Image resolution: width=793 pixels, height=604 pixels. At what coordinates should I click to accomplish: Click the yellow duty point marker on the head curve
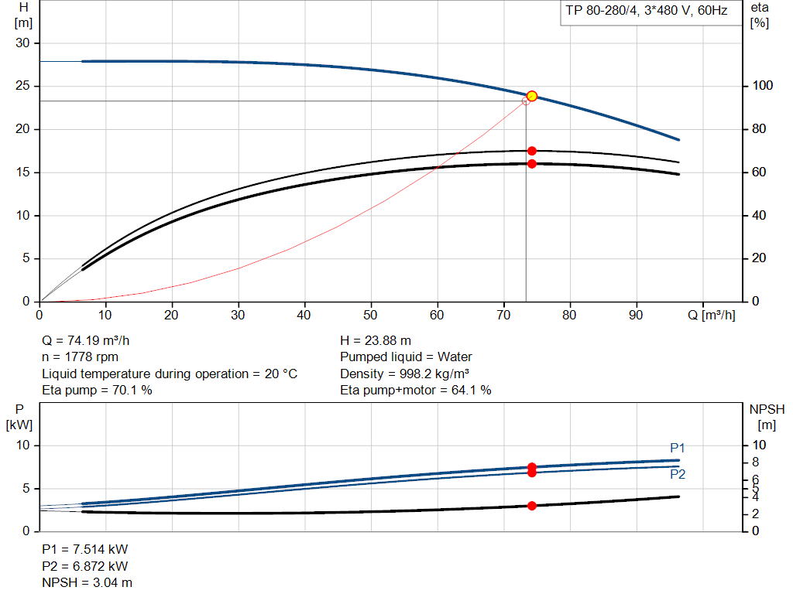click(x=532, y=96)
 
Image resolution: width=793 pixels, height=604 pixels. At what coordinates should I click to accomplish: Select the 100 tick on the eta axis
click(x=759, y=86)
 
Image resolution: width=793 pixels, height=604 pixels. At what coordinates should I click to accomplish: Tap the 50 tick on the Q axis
click(x=371, y=315)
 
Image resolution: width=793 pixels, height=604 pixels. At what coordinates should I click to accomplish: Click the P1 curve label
click(x=678, y=448)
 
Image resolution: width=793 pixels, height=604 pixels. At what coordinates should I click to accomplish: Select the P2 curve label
click(x=678, y=474)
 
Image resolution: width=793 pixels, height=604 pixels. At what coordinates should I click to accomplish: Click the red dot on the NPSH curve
click(x=532, y=506)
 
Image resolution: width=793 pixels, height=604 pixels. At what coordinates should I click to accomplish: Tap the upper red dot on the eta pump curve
click(x=532, y=151)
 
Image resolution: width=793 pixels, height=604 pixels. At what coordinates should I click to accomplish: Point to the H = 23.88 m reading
click(x=376, y=340)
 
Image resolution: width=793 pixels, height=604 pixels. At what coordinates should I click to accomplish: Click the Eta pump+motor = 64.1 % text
click(x=416, y=391)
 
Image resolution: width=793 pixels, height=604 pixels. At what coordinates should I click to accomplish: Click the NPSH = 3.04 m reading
click(x=87, y=582)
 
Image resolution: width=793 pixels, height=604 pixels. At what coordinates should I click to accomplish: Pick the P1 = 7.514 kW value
click(x=84, y=549)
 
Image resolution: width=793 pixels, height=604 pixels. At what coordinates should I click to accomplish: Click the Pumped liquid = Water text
click(x=406, y=357)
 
